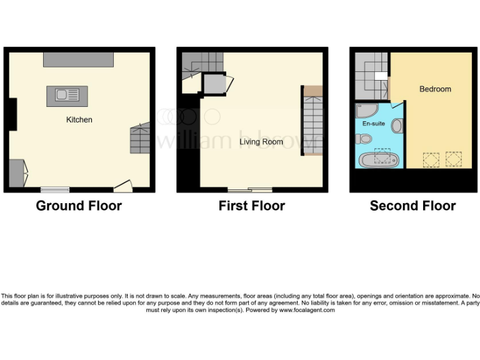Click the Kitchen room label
coord(79,119)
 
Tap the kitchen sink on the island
coord(67,96)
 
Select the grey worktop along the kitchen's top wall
coord(78,59)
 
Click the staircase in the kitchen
coord(140,139)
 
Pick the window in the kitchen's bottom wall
coord(55,189)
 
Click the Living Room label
coord(261,142)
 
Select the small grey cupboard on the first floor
coord(212,83)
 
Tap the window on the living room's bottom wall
coord(249,189)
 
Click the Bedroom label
coord(435,89)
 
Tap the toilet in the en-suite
coord(366,139)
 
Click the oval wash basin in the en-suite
coord(397,126)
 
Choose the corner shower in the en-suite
coord(364,111)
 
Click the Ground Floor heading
coord(79,206)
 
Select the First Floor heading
coord(251,206)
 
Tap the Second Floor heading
coord(412,206)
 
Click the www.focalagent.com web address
coord(307,310)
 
